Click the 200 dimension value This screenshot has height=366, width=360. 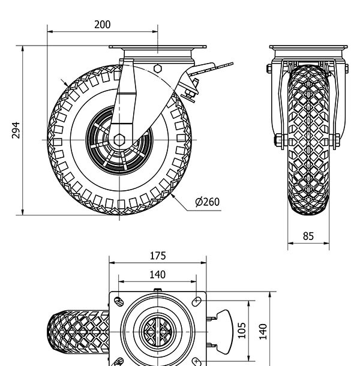(103, 25)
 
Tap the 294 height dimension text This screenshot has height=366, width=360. (16, 130)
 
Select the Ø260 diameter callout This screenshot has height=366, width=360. (208, 202)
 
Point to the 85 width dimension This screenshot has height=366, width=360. (308, 236)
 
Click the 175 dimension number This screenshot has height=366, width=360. (157, 256)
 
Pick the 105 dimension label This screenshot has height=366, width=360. (242, 329)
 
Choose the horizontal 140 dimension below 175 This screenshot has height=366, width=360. (157, 275)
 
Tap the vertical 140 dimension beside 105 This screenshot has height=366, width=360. (262, 331)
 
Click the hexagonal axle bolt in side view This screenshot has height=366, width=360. (119, 140)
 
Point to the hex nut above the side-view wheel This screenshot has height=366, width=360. (157, 68)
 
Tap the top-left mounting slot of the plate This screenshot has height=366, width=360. (118, 301)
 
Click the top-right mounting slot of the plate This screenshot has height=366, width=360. (197, 301)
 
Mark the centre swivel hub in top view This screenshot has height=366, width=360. (157, 331)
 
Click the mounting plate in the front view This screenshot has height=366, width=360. (308, 48)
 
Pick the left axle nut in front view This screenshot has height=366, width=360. (279, 141)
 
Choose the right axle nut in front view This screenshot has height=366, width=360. (337, 141)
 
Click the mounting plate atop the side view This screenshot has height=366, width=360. (157, 47)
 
